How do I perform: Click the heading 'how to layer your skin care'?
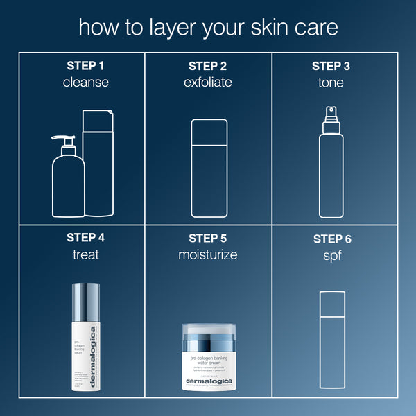(x=208, y=27)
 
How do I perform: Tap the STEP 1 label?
(x=86, y=66)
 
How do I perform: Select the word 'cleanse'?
(x=86, y=83)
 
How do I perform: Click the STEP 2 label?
(x=208, y=66)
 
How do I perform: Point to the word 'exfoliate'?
(x=208, y=83)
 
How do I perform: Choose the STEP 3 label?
(x=331, y=66)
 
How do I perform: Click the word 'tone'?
(x=331, y=83)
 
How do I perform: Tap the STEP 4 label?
(x=86, y=237)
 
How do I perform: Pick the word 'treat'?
(x=86, y=254)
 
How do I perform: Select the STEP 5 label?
(x=208, y=237)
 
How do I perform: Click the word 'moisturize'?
(x=208, y=254)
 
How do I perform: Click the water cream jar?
(x=209, y=357)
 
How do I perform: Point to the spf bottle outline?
(x=332, y=340)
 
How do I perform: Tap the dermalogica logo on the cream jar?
(x=209, y=381)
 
